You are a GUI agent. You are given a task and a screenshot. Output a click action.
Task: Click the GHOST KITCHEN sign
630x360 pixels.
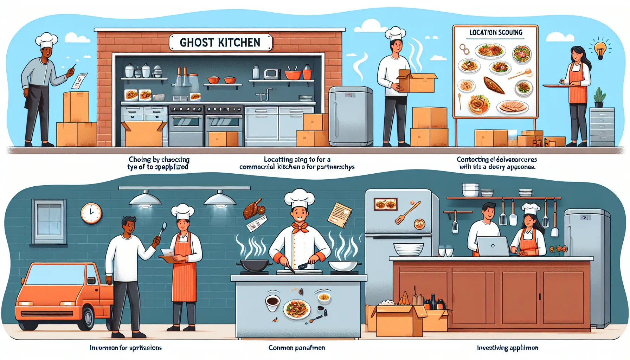click(x=220, y=43)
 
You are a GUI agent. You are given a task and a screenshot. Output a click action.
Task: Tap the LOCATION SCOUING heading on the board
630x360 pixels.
click(x=496, y=33)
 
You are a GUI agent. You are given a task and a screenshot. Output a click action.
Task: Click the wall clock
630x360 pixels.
click(x=91, y=213)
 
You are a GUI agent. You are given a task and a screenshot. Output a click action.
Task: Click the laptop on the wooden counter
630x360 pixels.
click(x=493, y=246)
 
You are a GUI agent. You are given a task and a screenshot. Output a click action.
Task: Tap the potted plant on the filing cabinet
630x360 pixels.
click(x=599, y=97)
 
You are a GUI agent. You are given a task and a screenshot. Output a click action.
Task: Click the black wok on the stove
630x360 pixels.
click(x=255, y=265)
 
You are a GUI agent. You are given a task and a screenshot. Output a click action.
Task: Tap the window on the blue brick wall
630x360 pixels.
click(x=49, y=221)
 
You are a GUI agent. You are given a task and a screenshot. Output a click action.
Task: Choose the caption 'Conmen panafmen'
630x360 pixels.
click(x=296, y=348)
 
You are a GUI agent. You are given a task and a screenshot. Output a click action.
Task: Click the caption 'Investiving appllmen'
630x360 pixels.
click(x=507, y=348)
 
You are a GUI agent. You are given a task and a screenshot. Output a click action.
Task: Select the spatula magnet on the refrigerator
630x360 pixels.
click(x=407, y=213)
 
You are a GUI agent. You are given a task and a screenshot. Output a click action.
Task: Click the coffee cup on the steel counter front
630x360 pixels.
click(x=272, y=303)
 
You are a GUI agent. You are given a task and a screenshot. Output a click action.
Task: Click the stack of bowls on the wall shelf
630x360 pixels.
click(x=470, y=190)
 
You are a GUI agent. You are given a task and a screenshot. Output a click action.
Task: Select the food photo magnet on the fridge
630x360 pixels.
click(x=386, y=204)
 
